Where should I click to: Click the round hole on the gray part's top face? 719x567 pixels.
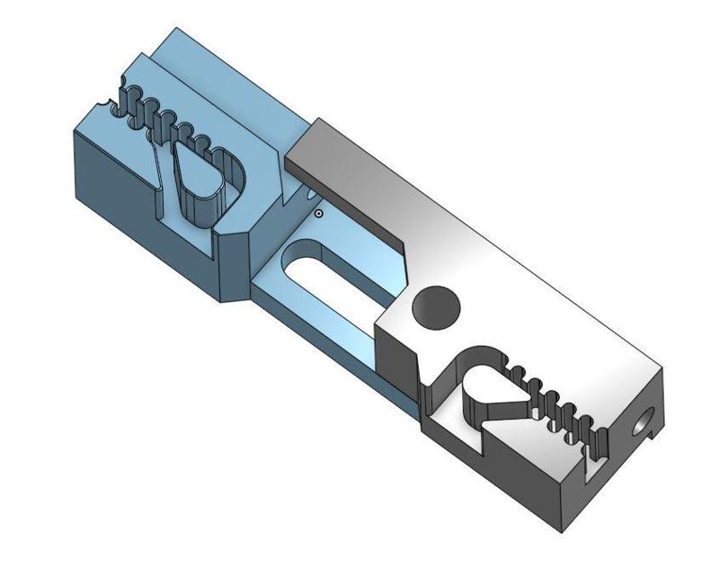click(x=436, y=309)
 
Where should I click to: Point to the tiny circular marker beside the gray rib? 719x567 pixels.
click(x=318, y=214)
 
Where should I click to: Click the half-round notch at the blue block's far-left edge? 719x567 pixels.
click(x=113, y=105)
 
